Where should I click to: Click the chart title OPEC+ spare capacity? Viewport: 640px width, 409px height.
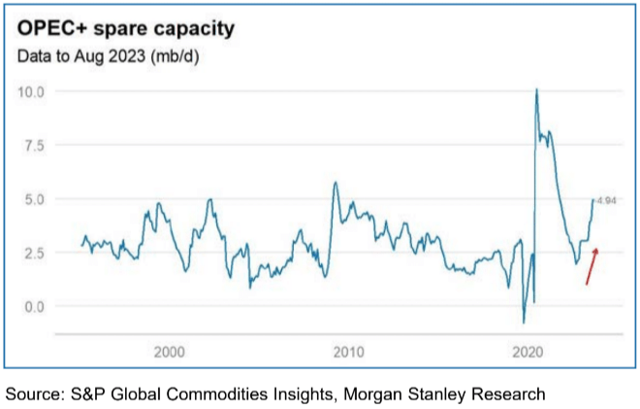pos(127,27)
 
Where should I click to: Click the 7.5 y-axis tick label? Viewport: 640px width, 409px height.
pos(35,145)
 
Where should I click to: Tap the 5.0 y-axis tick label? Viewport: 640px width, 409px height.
pos(35,199)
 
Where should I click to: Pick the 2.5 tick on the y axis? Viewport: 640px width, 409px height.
pos(35,253)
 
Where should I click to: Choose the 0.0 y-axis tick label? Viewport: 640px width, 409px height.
pos(35,307)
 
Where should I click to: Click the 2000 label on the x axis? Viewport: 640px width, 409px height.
pos(170,351)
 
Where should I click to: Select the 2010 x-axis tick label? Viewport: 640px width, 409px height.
pos(348,351)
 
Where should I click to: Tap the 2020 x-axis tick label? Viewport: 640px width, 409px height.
pos(527,351)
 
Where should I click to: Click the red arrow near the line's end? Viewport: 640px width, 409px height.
pos(592,266)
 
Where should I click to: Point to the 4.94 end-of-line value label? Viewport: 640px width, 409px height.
pos(607,200)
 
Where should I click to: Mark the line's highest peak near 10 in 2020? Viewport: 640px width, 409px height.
pos(536,90)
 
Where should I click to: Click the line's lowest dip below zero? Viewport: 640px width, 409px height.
pos(524,322)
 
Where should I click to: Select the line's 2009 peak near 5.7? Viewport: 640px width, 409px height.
pos(336,183)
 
